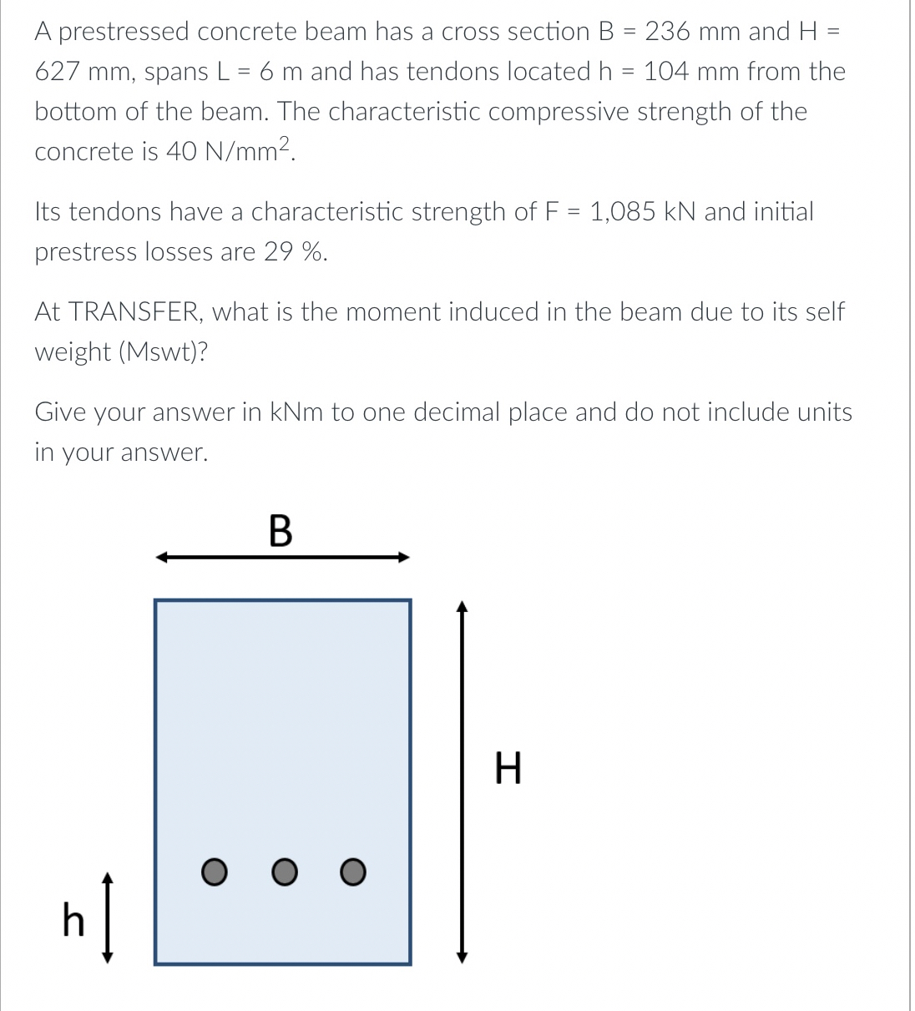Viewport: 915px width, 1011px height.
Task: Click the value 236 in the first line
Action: tap(667, 32)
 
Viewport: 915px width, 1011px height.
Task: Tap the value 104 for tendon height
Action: tap(671, 72)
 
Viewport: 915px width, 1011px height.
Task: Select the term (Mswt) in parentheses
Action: tap(164, 352)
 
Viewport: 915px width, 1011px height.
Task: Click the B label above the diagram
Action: tap(281, 531)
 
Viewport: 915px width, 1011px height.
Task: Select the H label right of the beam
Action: tap(508, 769)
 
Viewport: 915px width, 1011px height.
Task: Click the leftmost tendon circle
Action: tap(214, 872)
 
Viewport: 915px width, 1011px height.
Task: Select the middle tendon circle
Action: tap(284, 872)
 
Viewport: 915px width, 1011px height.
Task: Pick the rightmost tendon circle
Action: tap(353, 872)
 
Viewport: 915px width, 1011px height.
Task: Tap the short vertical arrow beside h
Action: tap(106, 917)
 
